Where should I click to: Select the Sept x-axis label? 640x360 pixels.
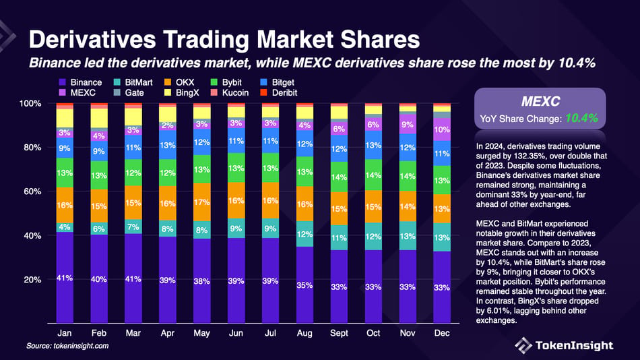[338, 333]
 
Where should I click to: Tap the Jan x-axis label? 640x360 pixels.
[65, 333]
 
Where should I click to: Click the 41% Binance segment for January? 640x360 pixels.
[65, 278]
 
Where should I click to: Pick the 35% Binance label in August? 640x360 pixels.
[305, 285]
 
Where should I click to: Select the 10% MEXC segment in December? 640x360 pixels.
[441, 129]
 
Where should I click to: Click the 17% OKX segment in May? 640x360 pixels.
[202, 202]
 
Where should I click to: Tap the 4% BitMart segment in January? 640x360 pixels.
[65, 227]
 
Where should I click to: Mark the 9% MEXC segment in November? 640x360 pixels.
[408, 125]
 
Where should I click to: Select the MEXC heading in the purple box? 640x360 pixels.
[537, 102]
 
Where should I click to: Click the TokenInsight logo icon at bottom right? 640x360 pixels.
[523, 345]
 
